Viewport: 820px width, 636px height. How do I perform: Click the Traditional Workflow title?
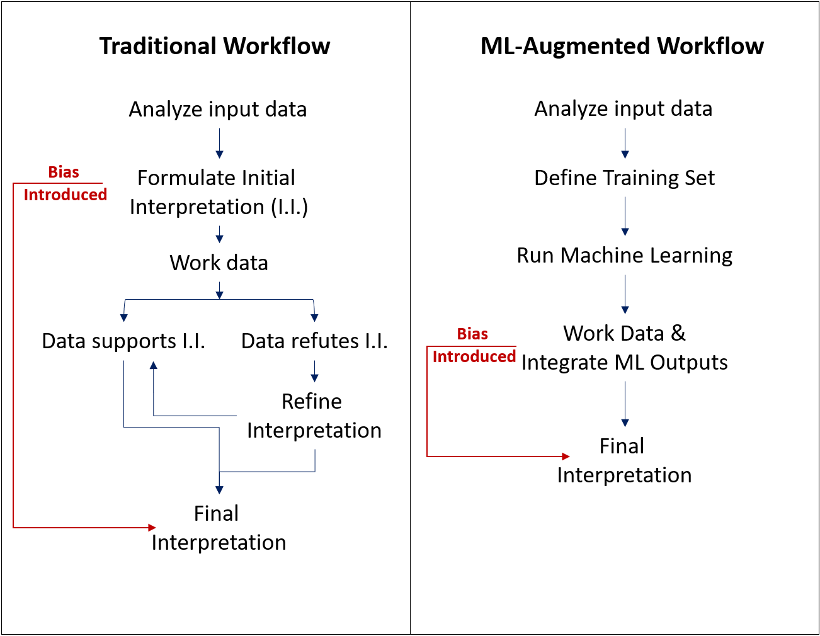pyautogui.click(x=215, y=46)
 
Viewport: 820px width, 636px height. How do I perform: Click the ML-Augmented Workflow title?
pyautogui.click(x=622, y=46)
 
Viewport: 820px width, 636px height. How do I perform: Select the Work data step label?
pyautogui.click(x=219, y=263)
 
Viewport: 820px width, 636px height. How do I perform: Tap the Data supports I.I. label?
pyautogui.click(x=123, y=341)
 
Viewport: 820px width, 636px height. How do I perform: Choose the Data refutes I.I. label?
pyautogui.click(x=314, y=341)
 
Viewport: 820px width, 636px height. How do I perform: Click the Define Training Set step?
pyautogui.click(x=625, y=178)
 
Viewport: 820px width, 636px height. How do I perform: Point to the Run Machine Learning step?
pyautogui.click(x=625, y=256)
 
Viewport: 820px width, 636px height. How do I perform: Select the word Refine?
pyautogui.click(x=312, y=401)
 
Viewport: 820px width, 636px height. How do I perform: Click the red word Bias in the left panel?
pyautogui.click(x=64, y=172)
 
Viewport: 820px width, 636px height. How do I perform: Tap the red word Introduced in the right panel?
pyautogui.click(x=474, y=356)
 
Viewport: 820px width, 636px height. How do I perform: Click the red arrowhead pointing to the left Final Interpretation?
pyautogui.click(x=152, y=527)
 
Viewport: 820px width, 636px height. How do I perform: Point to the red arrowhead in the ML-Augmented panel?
pyautogui.click(x=566, y=457)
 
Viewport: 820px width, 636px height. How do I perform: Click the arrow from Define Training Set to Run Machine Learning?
pyautogui.click(x=625, y=216)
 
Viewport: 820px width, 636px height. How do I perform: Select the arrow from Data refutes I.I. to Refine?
pyautogui.click(x=314, y=372)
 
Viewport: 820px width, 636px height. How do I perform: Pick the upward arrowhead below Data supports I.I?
pyautogui.click(x=153, y=365)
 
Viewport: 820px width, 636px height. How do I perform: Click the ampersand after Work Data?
pyautogui.click(x=678, y=333)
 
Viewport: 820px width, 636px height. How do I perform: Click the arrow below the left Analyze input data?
pyautogui.click(x=219, y=144)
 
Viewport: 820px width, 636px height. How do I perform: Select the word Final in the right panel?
pyautogui.click(x=622, y=446)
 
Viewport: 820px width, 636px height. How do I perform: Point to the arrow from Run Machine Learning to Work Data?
pyautogui.click(x=625, y=294)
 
